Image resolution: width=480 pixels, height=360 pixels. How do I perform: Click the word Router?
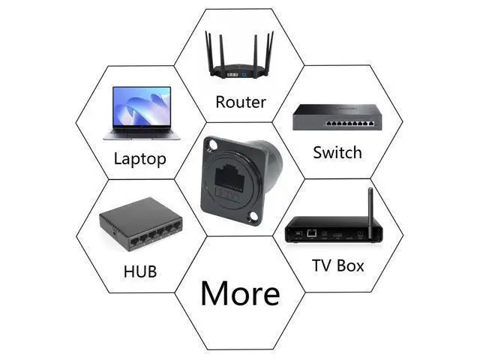(241, 102)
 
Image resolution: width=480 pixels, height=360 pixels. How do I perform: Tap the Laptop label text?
(140, 159)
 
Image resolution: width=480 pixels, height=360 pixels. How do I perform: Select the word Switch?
(337, 152)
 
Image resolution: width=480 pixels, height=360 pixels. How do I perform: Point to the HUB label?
(140, 271)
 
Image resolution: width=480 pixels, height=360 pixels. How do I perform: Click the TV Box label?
(338, 265)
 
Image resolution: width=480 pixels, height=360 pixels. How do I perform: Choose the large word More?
(240, 293)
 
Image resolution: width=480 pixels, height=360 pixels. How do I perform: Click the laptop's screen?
(142, 106)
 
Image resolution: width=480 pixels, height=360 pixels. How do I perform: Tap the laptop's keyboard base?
(142, 134)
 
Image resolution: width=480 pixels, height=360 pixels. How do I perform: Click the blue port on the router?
(244, 74)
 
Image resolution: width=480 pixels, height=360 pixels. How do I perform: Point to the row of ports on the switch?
(350, 124)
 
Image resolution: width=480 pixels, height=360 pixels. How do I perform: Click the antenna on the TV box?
(370, 212)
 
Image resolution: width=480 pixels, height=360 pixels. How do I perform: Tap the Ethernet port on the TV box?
(311, 233)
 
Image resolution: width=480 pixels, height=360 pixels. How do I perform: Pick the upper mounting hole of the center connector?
(211, 144)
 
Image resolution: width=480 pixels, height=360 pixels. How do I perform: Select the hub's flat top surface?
(139, 215)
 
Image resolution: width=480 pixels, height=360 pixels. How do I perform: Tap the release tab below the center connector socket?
(227, 195)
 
